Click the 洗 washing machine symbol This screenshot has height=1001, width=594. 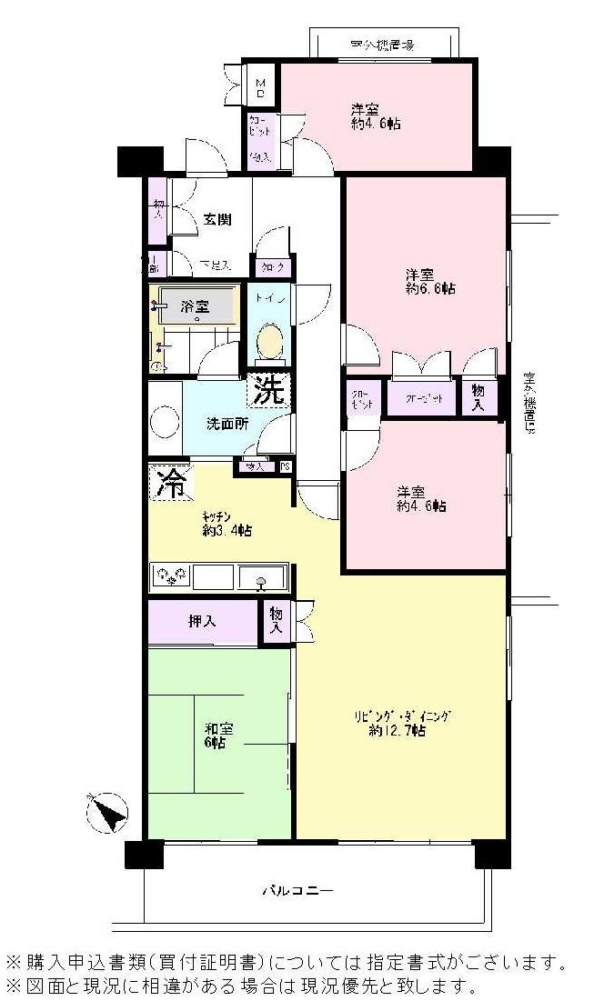[269, 392]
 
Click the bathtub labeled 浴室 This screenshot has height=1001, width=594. [196, 306]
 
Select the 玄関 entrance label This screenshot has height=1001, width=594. [216, 219]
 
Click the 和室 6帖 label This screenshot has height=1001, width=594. [217, 735]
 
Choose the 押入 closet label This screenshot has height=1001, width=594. [202, 622]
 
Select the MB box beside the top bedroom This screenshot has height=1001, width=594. [261, 88]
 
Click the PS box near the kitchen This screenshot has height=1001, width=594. [286, 466]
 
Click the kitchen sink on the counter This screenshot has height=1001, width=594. [262, 576]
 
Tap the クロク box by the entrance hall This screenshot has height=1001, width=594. [273, 267]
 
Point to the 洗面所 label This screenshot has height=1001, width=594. [227, 423]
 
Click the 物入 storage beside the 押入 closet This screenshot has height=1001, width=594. [275, 623]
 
